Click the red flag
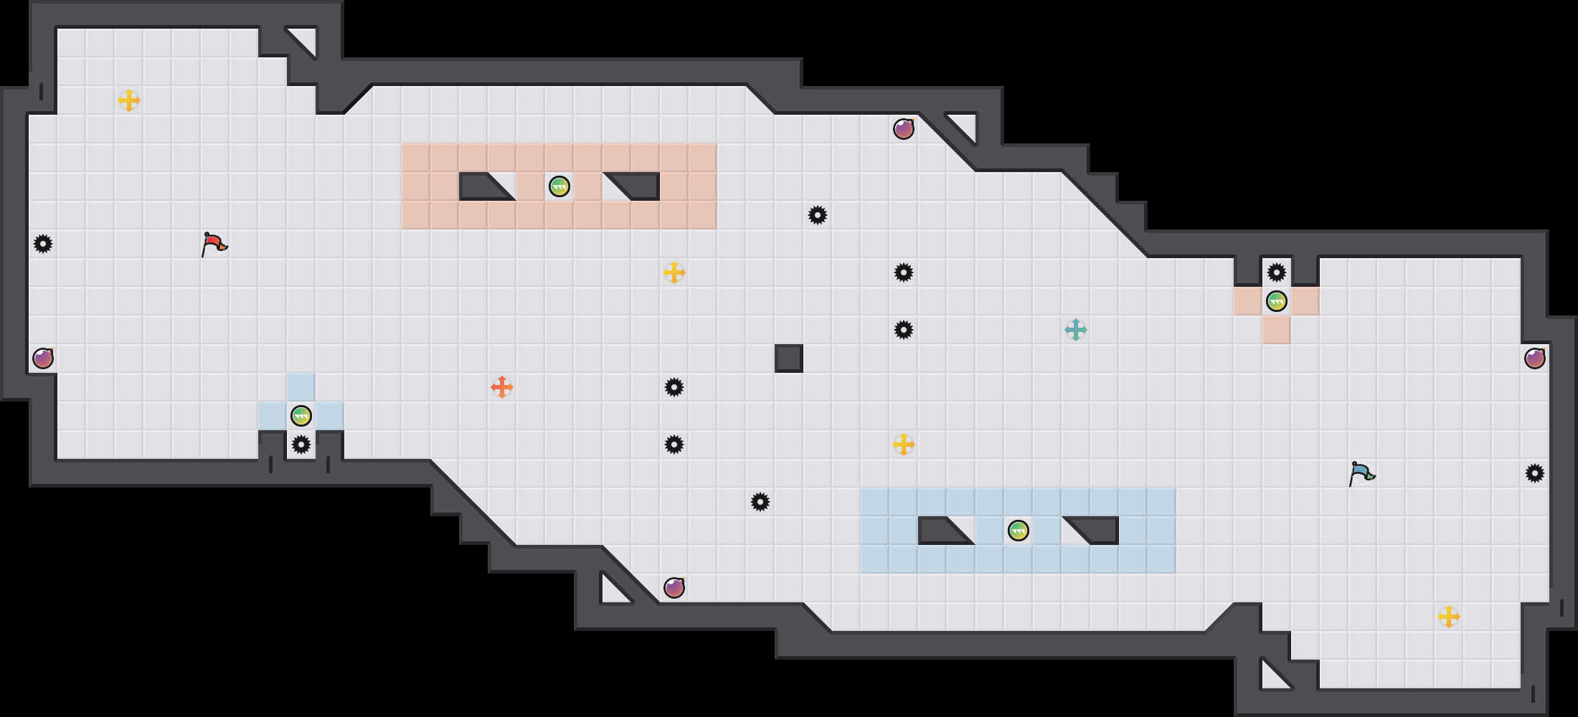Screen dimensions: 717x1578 [214, 244]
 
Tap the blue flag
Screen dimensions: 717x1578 [1361, 473]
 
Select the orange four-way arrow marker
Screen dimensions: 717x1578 [502, 387]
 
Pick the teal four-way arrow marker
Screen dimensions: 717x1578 [1076, 330]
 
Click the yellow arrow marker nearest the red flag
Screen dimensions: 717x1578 [129, 100]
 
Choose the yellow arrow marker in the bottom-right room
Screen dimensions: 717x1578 [1449, 617]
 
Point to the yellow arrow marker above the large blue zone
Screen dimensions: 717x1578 [904, 445]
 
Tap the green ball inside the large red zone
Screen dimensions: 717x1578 [559, 186]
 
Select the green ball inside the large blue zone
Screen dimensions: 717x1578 [1019, 531]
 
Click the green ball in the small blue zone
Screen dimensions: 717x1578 [301, 416]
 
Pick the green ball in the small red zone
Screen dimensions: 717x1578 [1277, 301]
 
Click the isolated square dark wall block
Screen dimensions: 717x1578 [789, 358]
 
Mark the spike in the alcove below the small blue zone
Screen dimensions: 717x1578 [301, 445]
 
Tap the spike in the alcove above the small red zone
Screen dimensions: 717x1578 [1277, 272]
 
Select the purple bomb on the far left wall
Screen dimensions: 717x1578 [43, 358]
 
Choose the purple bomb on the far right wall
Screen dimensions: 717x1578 [1535, 358]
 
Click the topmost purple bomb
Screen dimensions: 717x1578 [904, 129]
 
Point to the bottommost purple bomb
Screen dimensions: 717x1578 [674, 588]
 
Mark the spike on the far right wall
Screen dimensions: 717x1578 [1535, 473]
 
